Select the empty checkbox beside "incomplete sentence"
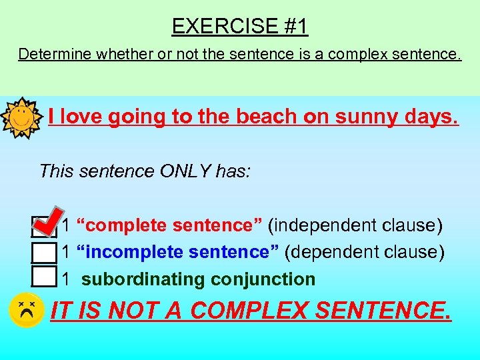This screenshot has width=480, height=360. (43, 253)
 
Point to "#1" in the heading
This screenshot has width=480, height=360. (295, 26)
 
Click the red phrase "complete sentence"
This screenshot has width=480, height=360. (170, 225)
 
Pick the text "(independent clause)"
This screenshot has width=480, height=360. (355, 225)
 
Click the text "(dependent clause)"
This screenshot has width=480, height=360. (365, 253)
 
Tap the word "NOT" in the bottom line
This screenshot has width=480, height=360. (133, 310)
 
